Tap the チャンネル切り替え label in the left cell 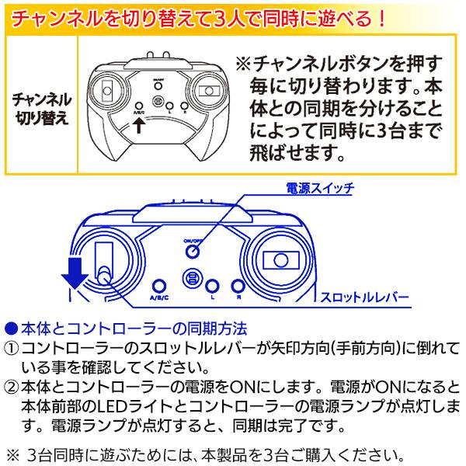tap(43, 109)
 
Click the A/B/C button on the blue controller tap(159, 287)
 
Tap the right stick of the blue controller tap(280, 263)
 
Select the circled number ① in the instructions tap(12, 346)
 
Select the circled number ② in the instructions tap(12, 386)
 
